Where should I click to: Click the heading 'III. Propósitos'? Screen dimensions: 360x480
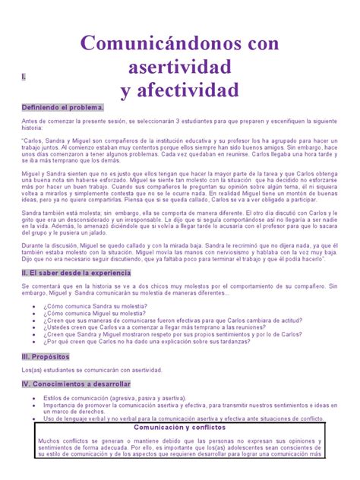47,356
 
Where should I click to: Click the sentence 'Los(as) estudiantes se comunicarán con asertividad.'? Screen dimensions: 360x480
92,370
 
